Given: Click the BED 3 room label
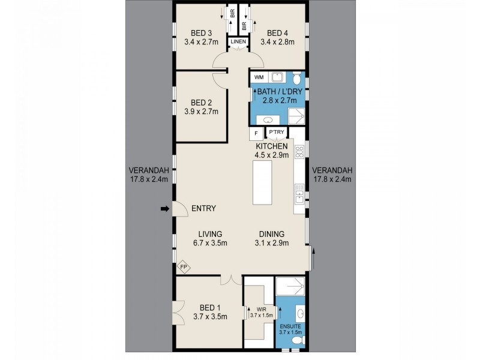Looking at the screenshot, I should coord(200,33).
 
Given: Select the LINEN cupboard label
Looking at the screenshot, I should coord(239,41).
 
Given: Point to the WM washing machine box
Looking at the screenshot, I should coord(259,77).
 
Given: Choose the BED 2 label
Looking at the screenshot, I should coord(200,101).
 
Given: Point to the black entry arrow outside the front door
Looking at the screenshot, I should coord(164,209).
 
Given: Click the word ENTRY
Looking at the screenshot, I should coord(203,209).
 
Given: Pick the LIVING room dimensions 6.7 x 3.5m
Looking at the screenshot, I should coord(208,243).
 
